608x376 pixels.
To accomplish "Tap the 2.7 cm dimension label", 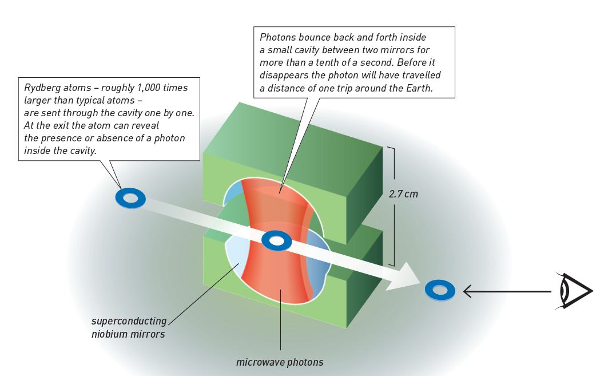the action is (x=403, y=194).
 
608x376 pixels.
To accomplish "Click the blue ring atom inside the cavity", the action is (x=276, y=240).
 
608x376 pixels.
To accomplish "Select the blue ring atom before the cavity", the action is (x=130, y=198).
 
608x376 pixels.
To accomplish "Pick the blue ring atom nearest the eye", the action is (x=440, y=290).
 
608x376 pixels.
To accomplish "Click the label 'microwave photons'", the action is (x=280, y=362).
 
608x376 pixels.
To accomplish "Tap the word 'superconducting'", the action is (x=129, y=321).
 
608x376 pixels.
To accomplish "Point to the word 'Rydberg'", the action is (x=38, y=88).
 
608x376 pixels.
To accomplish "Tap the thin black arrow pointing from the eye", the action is (x=507, y=291).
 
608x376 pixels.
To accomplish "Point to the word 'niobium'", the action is (x=110, y=334).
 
